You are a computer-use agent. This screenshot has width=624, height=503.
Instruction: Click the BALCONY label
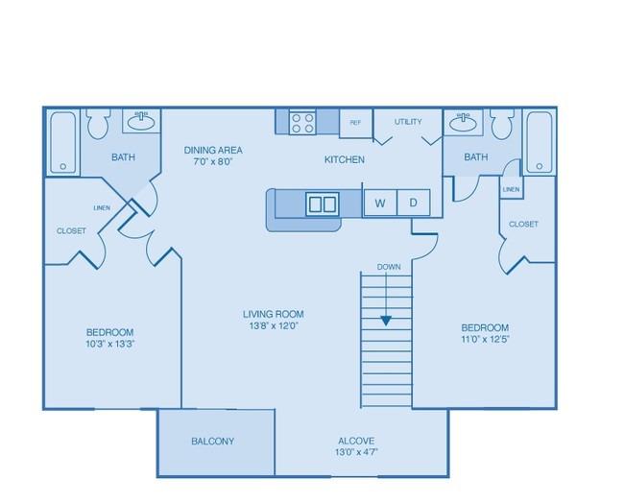pyautogui.click(x=212, y=441)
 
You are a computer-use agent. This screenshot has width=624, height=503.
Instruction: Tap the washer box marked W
pyautogui.click(x=380, y=203)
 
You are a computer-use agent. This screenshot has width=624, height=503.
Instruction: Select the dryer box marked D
pyautogui.click(x=414, y=203)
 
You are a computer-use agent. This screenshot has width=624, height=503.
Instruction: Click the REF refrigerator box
pyautogui.click(x=355, y=123)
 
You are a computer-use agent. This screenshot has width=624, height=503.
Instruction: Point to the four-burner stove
pyautogui.click(x=302, y=123)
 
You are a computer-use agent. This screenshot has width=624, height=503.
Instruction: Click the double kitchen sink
pyautogui.click(x=323, y=204)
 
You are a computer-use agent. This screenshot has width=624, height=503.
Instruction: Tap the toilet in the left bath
pyautogui.click(x=98, y=124)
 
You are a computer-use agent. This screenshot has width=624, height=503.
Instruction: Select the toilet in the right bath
pyautogui.click(x=502, y=124)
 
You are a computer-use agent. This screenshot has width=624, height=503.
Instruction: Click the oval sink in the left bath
pyautogui.click(x=141, y=121)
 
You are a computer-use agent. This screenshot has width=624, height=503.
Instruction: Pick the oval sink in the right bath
pyautogui.click(x=464, y=121)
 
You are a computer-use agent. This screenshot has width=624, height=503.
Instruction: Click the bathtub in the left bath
pyautogui.click(x=62, y=142)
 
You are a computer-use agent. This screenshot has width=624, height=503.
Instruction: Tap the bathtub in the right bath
pyautogui.click(x=540, y=142)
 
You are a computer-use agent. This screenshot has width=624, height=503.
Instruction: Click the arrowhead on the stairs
pyautogui.click(x=386, y=320)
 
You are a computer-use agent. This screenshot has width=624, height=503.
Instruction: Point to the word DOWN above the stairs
pyautogui.click(x=389, y=267)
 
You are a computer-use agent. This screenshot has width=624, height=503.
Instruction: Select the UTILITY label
pyautogui.click(x=408, y=122)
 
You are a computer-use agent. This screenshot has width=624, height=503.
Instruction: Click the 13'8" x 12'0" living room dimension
pyautogui.click(x=274, y=326)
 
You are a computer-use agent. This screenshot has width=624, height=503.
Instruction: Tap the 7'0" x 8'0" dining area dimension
pyautogui.click(x=213, y=161)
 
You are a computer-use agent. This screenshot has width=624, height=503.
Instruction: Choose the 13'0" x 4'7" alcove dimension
pyautogui.click(x=356, y=452)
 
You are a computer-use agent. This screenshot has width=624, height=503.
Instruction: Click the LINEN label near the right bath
pyautogui.click(x=511, y=189)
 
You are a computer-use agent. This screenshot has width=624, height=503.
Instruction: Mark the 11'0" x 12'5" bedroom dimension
pyautogui.click(x=486, y=340)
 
